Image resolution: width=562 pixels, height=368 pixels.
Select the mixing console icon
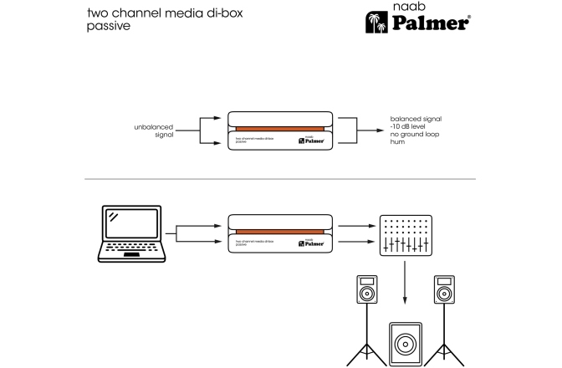tap(404, 235)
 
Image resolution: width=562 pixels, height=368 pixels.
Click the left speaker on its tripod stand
tap(367, 314)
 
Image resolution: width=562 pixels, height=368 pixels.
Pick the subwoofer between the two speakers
tap(404, 343)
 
